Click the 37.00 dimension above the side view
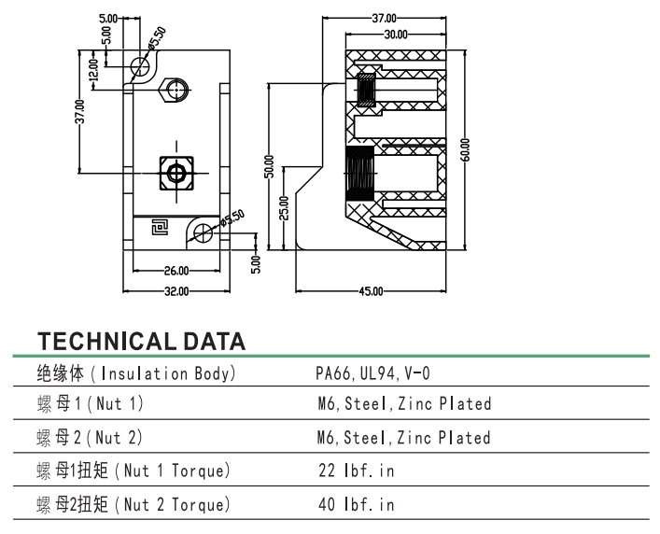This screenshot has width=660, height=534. tap(385, 18)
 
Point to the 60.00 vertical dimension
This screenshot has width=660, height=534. tap(465, 150)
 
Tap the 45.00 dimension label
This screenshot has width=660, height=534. tap(371, 291)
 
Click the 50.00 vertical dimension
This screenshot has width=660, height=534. tap(269, 166)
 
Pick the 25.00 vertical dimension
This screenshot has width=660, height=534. tap(284, 206)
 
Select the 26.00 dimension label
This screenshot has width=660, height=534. tap(176, 271)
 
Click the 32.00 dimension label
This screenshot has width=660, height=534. tap(176, 291)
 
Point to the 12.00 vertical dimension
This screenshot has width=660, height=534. tap(92, 70)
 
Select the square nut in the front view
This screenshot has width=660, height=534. tap(176, 173)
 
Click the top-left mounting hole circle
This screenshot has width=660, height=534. tap(141, 66)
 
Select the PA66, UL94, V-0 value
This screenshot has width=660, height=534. tap(372, 373)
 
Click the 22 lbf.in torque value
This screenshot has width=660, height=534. tap(356, 471)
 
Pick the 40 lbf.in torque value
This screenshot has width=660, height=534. tap(356, 505)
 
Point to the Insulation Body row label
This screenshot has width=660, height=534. tap(135, 373)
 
